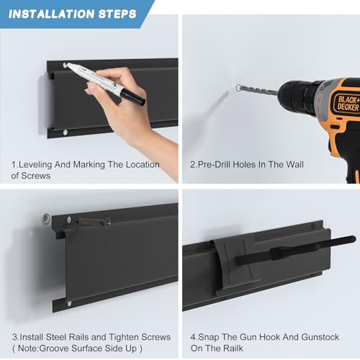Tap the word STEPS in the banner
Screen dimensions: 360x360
pyautogui.click(x=117, y=14)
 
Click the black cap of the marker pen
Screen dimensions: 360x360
pyautogui.click(x=132, y=96)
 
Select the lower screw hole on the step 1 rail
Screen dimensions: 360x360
pyautogui.click(x=66, y=132)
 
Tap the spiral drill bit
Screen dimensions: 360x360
pyautogui.click(x=258, y=90)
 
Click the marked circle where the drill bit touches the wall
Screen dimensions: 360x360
pyautogui.click(x=238, y=88)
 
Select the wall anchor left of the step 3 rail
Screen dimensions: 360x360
pyautogui.click(x=46, y=219)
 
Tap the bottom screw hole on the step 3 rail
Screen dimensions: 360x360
pyautogui.click(x=69, y=304)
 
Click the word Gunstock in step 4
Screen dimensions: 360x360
pyautogui.click(x=320, y=337)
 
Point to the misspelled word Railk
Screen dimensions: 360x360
pyautogui.click(x=233, y=348)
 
